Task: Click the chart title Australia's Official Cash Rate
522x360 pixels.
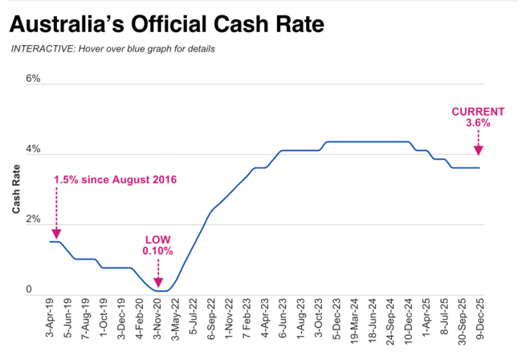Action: point(167,24)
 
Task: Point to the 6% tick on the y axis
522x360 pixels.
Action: point(33,79)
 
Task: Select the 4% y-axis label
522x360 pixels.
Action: point(33,149)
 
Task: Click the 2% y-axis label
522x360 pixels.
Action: point(33,219)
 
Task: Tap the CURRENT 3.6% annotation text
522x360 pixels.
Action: point(478,117)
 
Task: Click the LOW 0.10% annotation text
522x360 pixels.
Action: point(157,245)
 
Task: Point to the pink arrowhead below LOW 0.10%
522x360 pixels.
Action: point(157,282)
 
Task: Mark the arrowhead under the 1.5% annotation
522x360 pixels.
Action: point(55,232)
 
